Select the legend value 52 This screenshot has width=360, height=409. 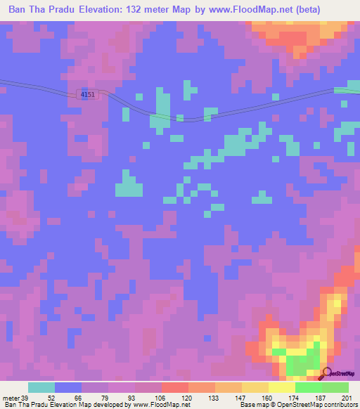[51, 397]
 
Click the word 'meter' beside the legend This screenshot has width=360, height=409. [9, 397]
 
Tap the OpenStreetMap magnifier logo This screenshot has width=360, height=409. [327, 372]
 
